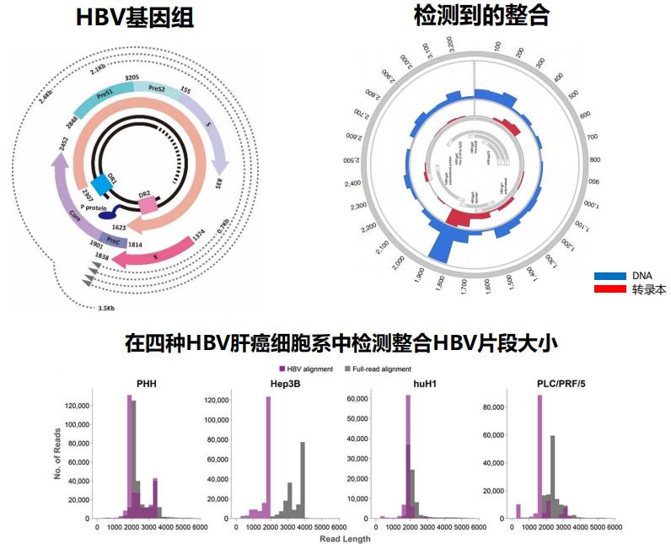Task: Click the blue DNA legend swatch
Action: coord(609,276)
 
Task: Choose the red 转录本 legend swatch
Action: coord(609,289)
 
